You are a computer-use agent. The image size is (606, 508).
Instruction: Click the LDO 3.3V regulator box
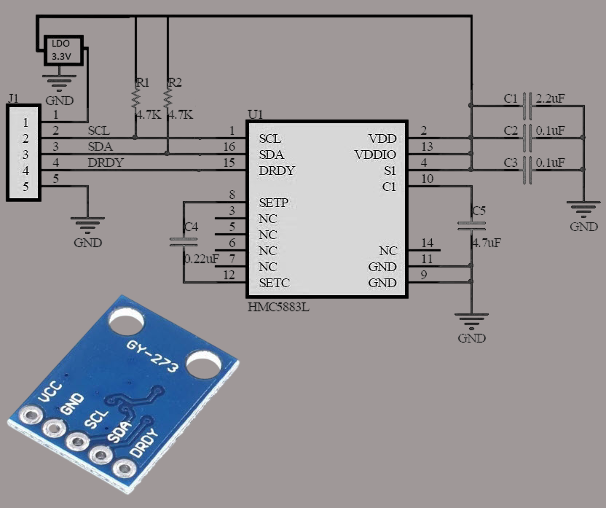[63, 50]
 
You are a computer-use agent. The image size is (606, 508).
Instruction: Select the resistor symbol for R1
[135, 99]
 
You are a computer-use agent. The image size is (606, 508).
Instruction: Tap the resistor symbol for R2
[168, 99]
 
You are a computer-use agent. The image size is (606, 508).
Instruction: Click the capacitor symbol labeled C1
[527, 106]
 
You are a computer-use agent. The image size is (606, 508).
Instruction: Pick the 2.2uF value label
[551, 98]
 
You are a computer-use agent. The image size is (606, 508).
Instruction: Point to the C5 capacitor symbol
[471, 226]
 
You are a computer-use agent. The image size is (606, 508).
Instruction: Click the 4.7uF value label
[487, 243]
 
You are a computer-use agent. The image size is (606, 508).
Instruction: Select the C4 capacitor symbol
[184, 242]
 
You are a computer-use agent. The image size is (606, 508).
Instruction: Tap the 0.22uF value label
[201, 259]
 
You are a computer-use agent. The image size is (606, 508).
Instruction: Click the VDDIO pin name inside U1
[375, 155]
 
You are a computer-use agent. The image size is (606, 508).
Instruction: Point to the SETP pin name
[274, 203]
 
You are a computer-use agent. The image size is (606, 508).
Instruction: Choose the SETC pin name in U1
[274, 283]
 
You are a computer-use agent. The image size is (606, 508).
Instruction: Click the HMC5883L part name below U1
[278, 308]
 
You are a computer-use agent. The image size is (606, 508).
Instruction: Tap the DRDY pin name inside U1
[277, 171]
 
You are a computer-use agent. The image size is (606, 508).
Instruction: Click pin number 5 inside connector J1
[25, 187]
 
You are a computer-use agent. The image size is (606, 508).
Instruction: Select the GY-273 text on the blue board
[152, 356]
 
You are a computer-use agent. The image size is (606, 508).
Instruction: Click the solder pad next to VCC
[31, 415]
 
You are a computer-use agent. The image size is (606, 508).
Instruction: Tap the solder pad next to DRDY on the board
[125, 469]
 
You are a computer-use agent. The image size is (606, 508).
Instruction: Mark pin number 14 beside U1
[427, 243]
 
